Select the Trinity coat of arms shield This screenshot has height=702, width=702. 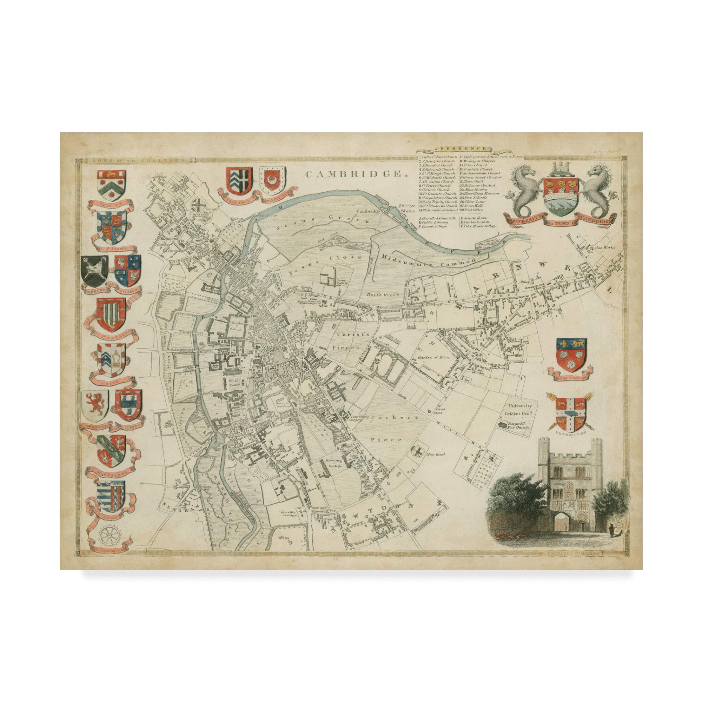(112, 185)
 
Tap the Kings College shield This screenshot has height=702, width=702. (571, 355)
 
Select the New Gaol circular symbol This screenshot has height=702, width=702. (417, 451)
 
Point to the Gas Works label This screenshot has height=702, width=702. (605, 248)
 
